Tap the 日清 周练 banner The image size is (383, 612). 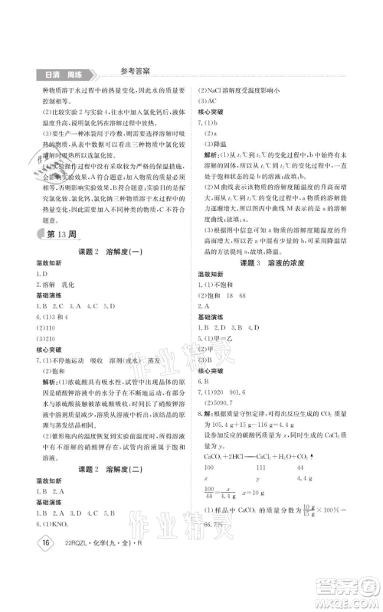62,74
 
